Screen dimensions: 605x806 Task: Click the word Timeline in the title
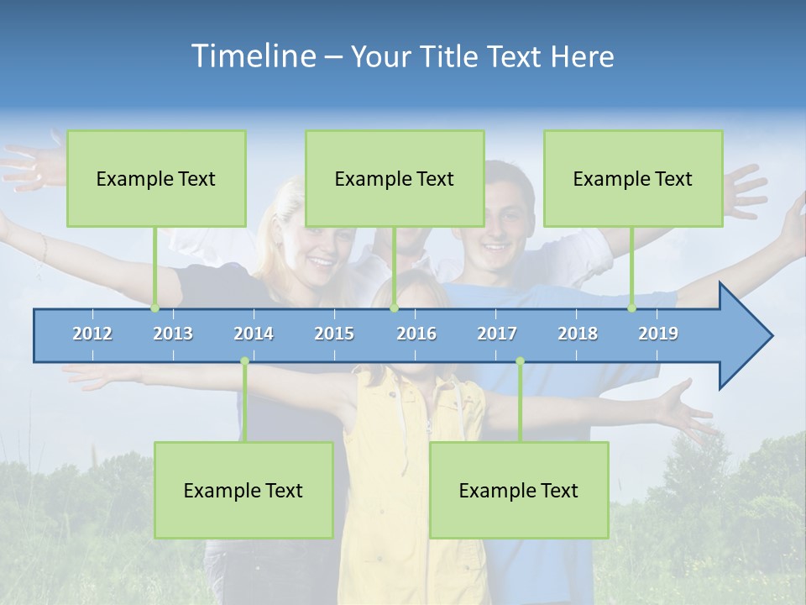point(253,56)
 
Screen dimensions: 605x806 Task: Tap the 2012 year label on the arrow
point(92,334)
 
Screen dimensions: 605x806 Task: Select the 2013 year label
point(173,334)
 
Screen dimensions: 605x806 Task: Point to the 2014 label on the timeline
point(254,334)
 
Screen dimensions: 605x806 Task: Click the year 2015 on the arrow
point(334,334)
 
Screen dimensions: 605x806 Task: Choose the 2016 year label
point(416,334)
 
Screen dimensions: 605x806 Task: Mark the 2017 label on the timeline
point(497,334)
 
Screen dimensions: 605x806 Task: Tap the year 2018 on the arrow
point(578,334)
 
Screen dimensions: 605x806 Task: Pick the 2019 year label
point(658,334)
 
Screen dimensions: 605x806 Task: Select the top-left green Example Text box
point(156,178)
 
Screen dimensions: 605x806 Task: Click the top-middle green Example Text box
point(395,178)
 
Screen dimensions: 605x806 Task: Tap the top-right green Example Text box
point(633,178)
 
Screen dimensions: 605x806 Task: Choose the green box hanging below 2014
point(243,490)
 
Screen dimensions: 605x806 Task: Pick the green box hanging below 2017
point(519,490)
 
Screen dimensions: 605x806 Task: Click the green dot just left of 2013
point(155,308)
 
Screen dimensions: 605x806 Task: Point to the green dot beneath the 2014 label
point(244,361)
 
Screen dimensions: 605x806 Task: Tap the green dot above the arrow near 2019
point(632,308)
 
